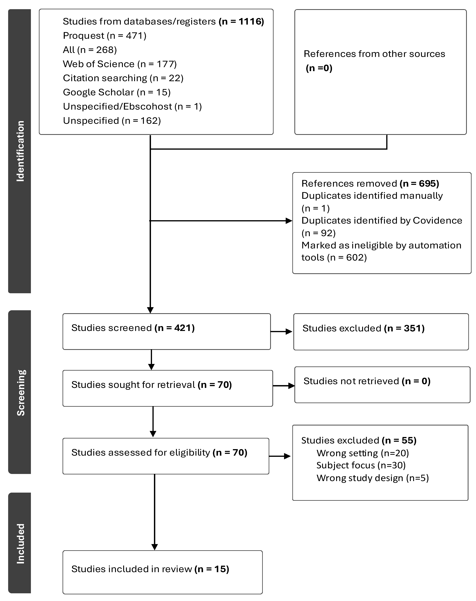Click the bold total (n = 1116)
click(x=241, y=21)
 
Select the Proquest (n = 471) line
click(x=105, y=36)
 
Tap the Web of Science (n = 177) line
click(x=120, y=64)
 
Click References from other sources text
click(x=374, y=54)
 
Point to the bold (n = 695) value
click(x=419, y=183)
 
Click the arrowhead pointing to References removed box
click(x=289, y=221)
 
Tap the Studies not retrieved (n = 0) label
click(x=367, y=381)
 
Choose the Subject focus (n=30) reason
click(x=361, y=465)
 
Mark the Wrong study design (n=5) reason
click(x=372, y=478)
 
